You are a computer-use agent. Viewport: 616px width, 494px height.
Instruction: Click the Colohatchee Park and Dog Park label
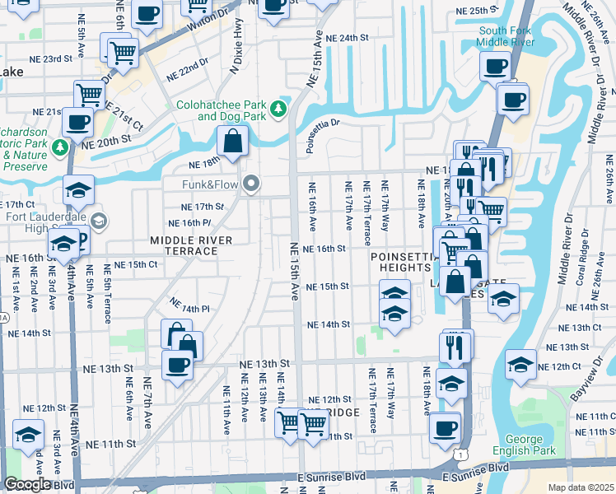click(x=218, y=110)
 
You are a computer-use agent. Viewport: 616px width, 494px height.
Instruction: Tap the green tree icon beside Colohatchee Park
click(x=279, y=108)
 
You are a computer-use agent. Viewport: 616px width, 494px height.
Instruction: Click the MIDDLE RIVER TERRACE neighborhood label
click(x=191, y=245)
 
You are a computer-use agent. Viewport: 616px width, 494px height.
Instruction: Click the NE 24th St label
click(x=346, y=38)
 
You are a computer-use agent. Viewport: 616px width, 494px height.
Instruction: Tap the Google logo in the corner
click(x=26, y=485)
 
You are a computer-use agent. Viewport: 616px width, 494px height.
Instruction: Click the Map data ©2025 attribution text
click(x=581, y=487)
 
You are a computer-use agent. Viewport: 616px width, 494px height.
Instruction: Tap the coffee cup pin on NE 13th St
click(x=175, y=364)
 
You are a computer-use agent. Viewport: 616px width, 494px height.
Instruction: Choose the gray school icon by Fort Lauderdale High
click(x=99, y=220)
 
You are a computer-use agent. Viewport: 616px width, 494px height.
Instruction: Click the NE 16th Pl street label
click(x=190, y=223)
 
